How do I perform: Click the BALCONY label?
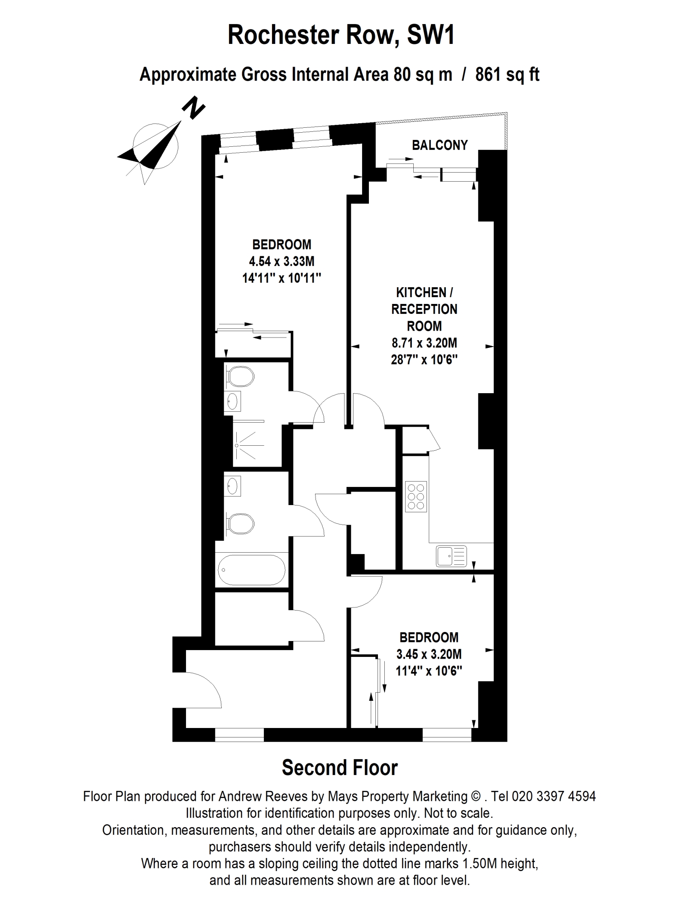point(440,145)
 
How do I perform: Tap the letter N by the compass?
point(193,108)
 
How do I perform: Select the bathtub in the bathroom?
point(252,570)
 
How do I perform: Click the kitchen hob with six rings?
point(416,496)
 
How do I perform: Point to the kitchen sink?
point(451,556)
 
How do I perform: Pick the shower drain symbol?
point(237,446)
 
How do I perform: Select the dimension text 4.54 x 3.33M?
point(282,261)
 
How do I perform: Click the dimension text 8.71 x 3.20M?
point(424,343)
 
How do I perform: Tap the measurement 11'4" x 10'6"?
point(429,671)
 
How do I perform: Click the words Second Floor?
point(339,767)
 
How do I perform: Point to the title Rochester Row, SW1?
point(341,35)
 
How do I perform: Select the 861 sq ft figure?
point(507,74)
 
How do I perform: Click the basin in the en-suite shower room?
point(233,401)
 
